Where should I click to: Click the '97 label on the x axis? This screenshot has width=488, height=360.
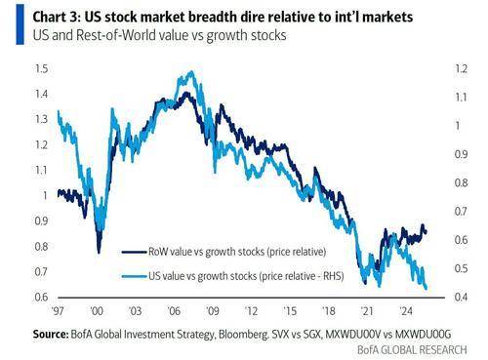point(60,314)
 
